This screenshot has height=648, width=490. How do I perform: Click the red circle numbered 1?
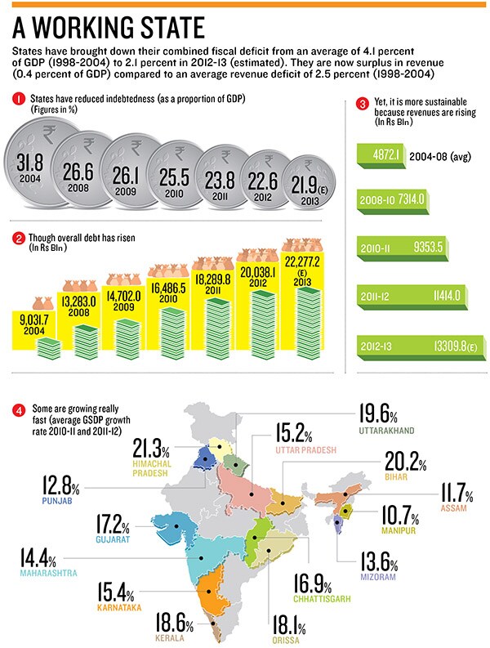[x=19, y=99]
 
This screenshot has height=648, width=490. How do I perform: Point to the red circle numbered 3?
[x=363, y=105]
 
